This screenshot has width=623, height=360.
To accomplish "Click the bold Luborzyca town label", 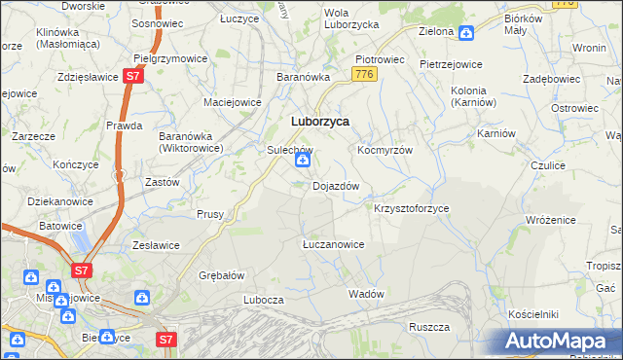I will [320, 122].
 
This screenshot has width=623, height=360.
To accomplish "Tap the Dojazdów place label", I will [336, 186].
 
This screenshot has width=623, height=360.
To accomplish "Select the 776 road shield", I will [365, 75].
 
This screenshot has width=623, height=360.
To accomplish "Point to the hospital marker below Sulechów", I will [302, 172].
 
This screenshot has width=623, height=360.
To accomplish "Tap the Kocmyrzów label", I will [385, 151].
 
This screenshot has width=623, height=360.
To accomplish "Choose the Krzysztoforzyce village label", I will [411, 209].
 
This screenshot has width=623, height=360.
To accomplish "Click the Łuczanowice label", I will [333, 244].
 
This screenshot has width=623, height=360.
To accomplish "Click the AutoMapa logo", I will [558, 342].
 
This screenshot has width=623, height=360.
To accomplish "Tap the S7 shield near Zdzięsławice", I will [133, 76].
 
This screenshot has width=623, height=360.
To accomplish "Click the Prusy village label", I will [210, 214].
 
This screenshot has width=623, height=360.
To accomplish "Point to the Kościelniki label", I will [532, 314].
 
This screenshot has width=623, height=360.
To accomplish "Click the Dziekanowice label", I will [47, 200].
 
